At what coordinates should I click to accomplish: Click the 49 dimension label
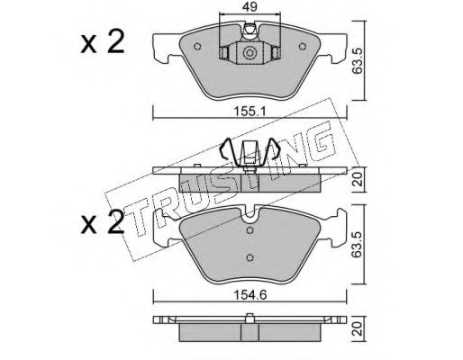tap(250, 6)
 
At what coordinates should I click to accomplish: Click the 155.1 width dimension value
tap(250, 112)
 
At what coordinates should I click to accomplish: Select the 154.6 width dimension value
tap(250, 295)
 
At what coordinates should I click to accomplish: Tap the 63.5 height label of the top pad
tap(359, 60)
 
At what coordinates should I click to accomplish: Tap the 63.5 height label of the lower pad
tap(359, 245)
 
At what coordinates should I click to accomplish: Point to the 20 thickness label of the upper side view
tap(359, 180)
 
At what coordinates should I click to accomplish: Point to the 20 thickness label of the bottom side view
tap(359, 328)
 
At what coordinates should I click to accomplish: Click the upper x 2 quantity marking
tap(102, 42)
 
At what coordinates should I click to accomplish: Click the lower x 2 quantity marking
tap(102, 222)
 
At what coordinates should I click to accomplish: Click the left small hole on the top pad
tap(197, 47)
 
